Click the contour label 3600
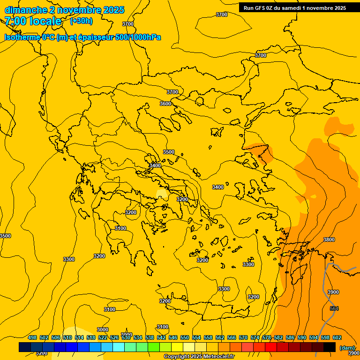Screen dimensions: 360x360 pos(165,104)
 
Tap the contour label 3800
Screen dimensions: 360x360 pos(329,240)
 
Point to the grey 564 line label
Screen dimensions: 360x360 pos(334,308)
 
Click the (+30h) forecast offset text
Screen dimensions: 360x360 pos(81,21)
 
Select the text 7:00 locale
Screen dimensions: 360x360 pos(33,21)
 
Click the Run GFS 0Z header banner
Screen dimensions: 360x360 pos(294,7)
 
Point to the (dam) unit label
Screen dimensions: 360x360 pos(347,348)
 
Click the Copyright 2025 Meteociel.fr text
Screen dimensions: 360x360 pos(199,357)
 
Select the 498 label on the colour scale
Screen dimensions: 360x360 pos(32,337)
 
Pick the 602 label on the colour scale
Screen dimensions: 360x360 pos(337,337)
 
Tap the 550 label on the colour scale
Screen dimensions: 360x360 pos(185,337)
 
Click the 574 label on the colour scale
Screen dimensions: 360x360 pos(255,337)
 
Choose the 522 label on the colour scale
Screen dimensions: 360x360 pos(103,337)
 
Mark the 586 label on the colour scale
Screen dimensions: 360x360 pos(290,337)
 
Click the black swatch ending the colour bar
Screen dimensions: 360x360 pos(330,347)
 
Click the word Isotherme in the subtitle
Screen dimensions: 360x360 pos(22,37)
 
